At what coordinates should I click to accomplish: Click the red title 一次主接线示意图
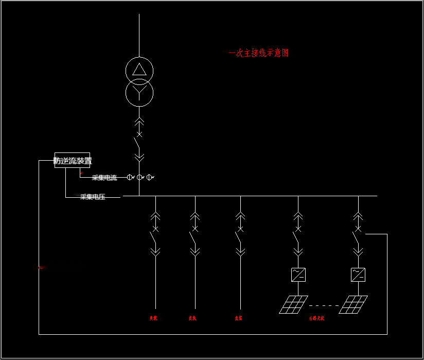258,53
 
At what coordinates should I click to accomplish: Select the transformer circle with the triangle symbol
139,70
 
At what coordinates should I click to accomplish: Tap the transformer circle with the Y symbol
139,92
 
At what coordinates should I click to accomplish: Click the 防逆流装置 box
73,160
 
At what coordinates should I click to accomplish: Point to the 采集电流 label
104,178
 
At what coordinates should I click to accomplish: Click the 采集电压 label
93,197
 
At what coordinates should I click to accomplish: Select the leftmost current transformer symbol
130,177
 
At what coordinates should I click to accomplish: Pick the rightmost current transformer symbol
149,177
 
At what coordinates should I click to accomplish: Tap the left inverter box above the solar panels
298,275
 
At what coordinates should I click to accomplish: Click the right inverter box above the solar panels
358,275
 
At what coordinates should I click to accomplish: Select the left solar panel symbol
294,304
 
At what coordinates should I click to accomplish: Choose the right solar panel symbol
354,304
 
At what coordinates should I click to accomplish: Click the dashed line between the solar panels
324,305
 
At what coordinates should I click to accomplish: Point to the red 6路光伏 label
317,318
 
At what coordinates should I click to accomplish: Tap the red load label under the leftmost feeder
153,318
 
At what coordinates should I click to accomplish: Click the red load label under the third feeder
238,318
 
